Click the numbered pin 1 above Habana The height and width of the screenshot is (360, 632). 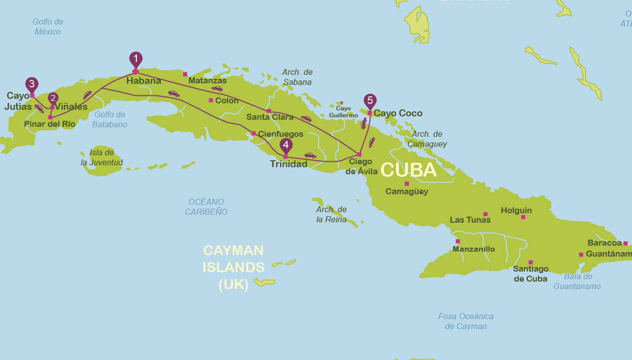(135, 58)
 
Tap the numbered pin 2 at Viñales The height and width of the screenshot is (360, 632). (53, 98)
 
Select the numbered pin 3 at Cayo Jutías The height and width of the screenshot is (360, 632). (32, 84)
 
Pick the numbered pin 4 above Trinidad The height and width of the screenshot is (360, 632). (286, 145)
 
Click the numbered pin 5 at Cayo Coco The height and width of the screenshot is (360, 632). (370, 100)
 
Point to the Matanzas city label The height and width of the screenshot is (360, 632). (207, 80)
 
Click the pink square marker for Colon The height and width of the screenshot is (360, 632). (211, 100)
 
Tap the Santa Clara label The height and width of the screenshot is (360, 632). (270, 117)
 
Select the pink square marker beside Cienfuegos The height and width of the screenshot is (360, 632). (254, 133)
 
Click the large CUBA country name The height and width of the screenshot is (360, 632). (408, 170)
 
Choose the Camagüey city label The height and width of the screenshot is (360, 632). (407, 191)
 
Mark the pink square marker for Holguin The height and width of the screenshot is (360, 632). (523, 217)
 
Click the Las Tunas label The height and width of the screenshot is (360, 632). (470, 220)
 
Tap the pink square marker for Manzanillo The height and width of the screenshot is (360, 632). (458, 241)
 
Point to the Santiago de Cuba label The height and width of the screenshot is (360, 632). (530, 274)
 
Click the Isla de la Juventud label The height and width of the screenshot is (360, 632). (102, 157)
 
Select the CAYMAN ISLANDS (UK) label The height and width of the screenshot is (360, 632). (234, 267)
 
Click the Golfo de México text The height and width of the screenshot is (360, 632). (48, 26)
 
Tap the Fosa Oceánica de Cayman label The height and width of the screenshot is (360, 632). (466, 321)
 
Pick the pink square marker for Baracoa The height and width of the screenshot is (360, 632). (626, 243)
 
